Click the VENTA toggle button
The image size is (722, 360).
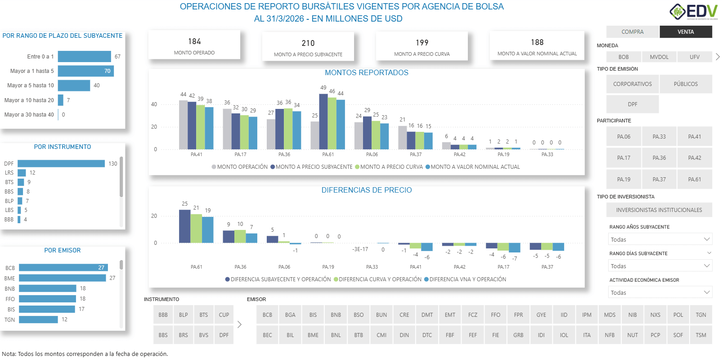tap(686, 31)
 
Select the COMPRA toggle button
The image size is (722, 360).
tap(632, 31)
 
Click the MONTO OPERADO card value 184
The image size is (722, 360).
tap(194, 41)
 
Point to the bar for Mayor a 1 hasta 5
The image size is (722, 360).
tap(85, 71)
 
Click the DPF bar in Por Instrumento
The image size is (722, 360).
tap(61, 163)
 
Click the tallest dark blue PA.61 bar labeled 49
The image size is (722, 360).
tap(323, 121)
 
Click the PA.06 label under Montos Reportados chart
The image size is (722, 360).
tap(372, 154)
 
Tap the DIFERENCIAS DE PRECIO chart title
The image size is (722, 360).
tap(366, 190)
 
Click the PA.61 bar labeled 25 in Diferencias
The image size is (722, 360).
tap(184, 226)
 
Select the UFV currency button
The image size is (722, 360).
tap(695, 57)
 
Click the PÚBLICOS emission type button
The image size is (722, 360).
tap(686, 84)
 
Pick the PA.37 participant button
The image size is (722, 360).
tap(659, 179)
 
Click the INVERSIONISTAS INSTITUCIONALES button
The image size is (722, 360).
tap(659, 210)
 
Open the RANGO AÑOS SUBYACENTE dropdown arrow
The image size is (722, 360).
tap(707, 239)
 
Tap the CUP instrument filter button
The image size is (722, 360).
tap(224, 315)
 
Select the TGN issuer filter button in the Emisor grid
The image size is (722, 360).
tap(700, 315)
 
